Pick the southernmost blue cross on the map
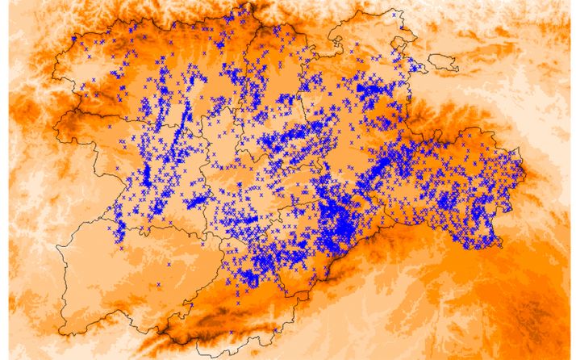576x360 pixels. point(232,332)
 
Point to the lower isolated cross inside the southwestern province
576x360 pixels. point(159,284)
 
